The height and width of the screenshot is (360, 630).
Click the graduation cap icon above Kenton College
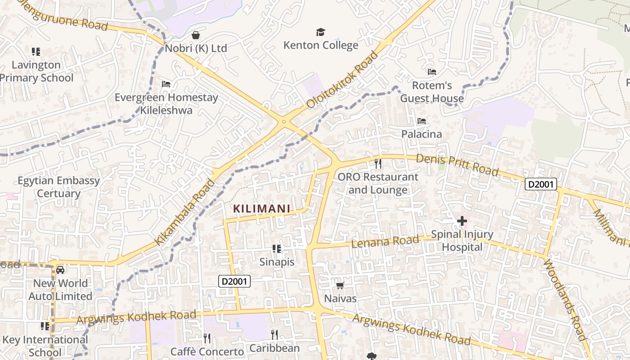(x=320, y=32)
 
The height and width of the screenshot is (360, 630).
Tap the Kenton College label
(x=321, y=45)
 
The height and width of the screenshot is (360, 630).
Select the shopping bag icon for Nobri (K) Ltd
(x=196, y=35)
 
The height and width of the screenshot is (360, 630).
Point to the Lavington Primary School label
(x=36, y=71)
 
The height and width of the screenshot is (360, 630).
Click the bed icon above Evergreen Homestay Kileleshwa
(x=166, y=84)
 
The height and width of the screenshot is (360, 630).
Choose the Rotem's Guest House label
(x=432, y=92)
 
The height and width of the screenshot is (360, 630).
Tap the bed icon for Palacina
(x=422, y=121)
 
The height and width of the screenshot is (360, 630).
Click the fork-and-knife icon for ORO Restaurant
(x=378, y=163)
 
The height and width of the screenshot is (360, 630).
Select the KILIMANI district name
(x=261, y=209)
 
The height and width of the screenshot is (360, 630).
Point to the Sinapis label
(x=277, y=262)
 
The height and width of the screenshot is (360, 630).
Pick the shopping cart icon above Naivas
(x=340, y=285)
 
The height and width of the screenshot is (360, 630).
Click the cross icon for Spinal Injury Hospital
(x=462, y=221)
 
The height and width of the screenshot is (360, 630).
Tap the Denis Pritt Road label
(x=457, y=165)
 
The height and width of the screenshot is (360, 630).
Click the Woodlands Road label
(x=565, y=299)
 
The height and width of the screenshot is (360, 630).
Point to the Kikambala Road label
(x=185, y=212)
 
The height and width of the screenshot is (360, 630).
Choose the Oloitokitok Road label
(x=342, y=80)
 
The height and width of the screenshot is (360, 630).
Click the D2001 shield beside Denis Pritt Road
(x=541, y=184)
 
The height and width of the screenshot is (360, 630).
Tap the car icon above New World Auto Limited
(x=60, y=270)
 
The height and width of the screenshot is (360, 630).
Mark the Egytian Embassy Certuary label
(x=58, y=187)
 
